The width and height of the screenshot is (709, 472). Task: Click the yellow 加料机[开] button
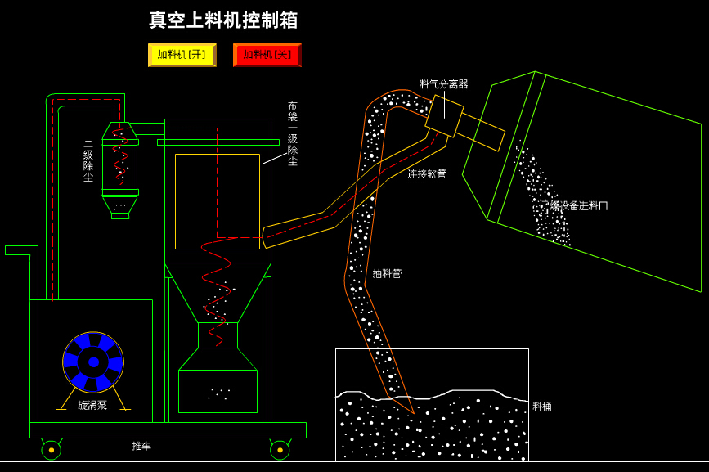(182, 55)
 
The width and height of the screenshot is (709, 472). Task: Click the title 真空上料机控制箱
(223, 20)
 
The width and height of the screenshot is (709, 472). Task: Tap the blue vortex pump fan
(93, 362)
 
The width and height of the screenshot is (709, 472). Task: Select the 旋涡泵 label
(92, 405)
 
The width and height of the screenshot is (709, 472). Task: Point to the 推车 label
(141, 447)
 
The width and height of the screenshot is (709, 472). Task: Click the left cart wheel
(51, 450)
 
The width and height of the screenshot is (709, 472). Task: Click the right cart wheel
(280, 450)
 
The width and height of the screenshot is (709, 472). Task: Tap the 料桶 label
(542, 407)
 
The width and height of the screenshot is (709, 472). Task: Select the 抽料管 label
(387, 274)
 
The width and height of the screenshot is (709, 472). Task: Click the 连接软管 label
(427, 174)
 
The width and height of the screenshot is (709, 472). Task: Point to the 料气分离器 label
(443, 84)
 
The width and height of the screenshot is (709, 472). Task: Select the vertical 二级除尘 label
(88, 160)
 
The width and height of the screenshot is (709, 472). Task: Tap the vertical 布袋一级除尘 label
(292, 134)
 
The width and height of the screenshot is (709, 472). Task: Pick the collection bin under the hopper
(218, 391)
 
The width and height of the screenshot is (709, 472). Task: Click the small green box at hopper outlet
(218, 335)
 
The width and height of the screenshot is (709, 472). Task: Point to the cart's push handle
(18, 250)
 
